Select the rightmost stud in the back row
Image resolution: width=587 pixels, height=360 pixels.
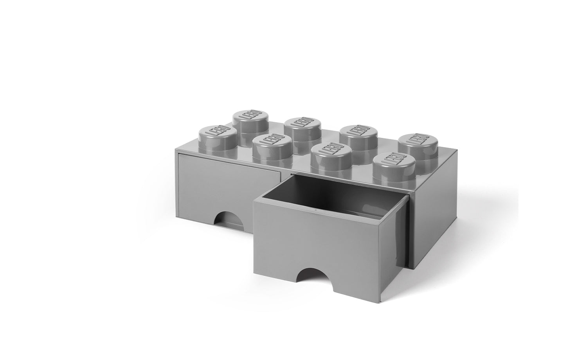[x=418, y=149]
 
